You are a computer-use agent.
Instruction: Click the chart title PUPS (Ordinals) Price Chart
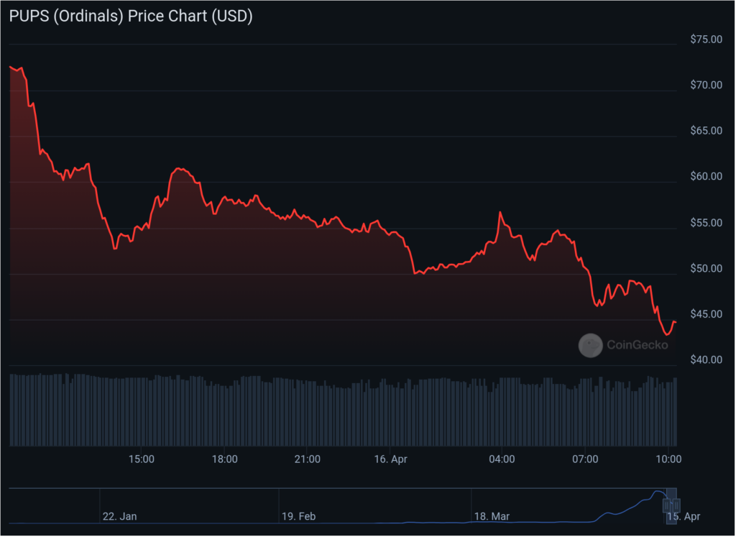[131, 17]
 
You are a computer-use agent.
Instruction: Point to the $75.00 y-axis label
[705, 39]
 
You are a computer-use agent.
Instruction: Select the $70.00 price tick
[705, 85]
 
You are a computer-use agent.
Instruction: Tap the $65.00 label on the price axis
[705, 131]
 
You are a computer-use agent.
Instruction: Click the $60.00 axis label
[705, 177]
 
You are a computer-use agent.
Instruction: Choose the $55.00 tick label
[705, 223]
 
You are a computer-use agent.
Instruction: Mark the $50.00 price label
[705, 269]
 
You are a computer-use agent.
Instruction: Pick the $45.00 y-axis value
[705, 314]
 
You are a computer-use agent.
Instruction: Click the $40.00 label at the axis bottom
[705, 359]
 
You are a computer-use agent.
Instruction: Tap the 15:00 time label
[141, 459]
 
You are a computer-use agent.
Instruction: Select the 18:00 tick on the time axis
[224, 459]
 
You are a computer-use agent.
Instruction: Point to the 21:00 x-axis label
[307, 459]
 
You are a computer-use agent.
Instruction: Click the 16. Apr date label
[391, 459]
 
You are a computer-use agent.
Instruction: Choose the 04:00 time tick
[501, 459]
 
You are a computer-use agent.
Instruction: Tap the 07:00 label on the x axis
[585, 459]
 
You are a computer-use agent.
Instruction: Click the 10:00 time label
[668, 459]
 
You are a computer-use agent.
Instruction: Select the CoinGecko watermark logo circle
[591, 345]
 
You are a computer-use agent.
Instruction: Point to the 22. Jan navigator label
[120, 516]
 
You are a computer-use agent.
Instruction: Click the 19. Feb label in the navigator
[298, 516]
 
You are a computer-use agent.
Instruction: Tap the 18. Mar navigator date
[492, 516]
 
